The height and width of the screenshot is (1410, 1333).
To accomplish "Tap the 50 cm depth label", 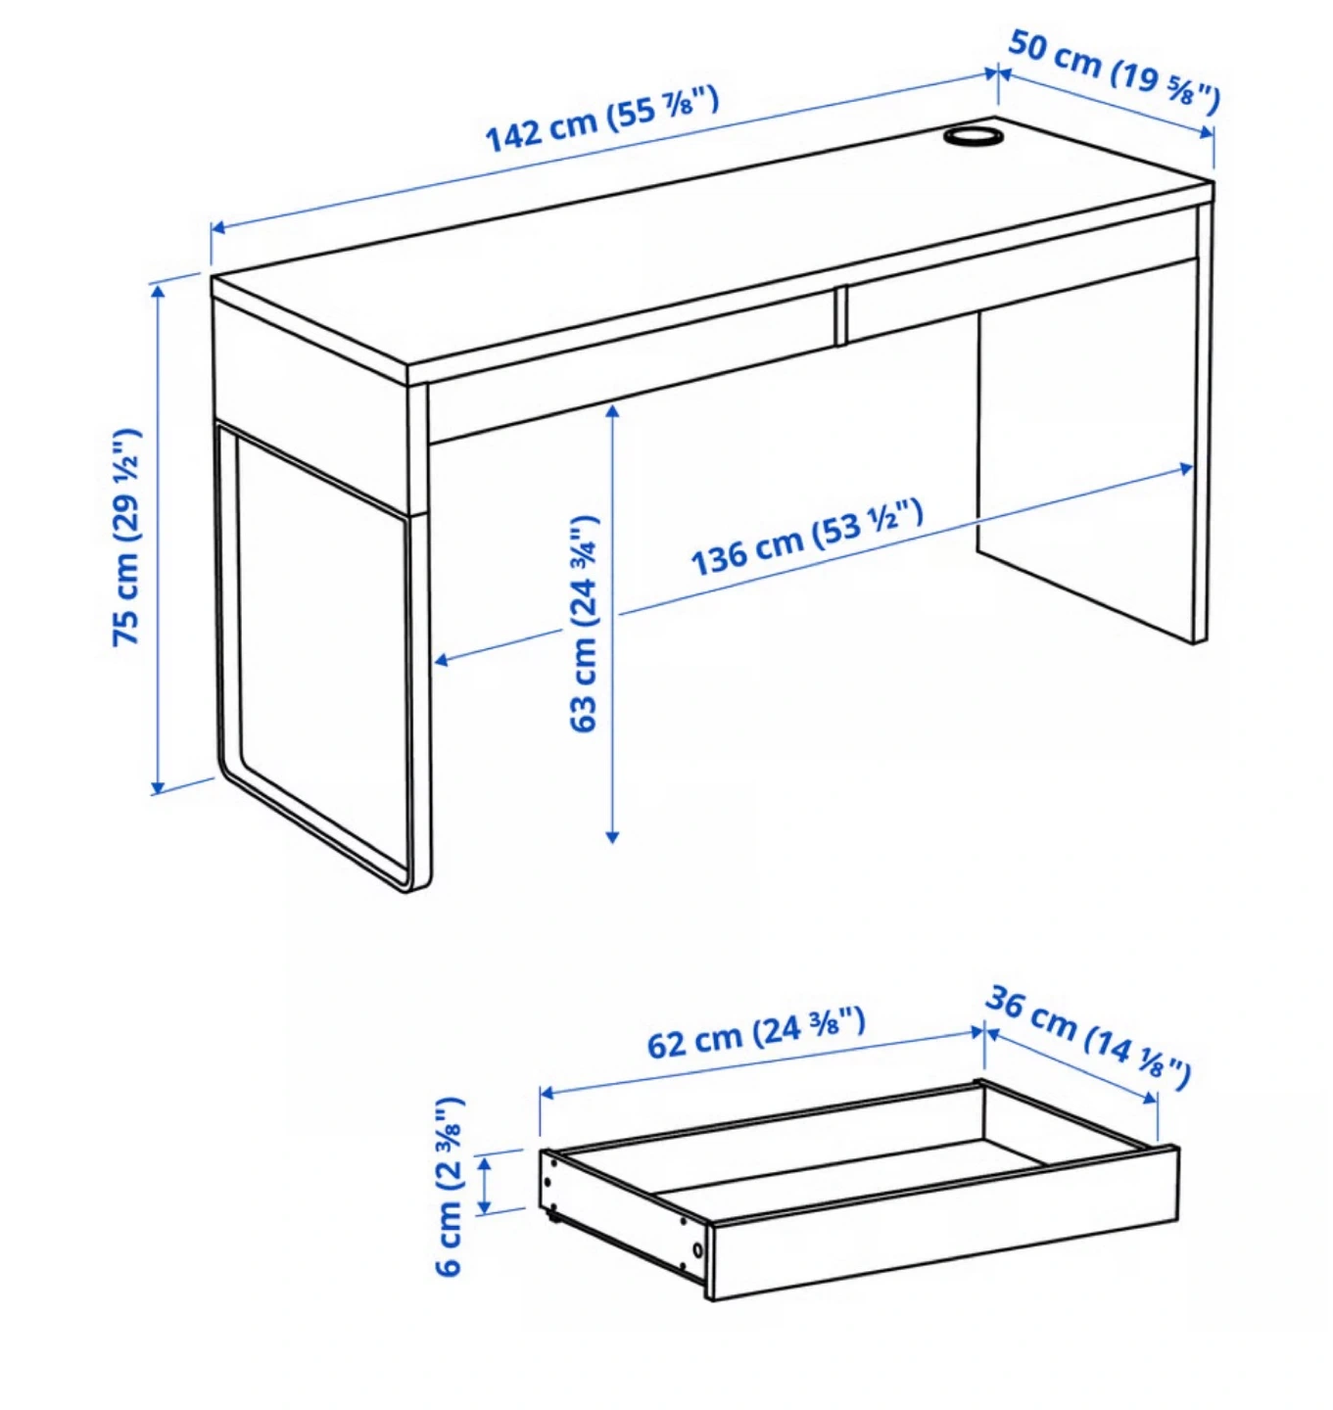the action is tap(1114, 71).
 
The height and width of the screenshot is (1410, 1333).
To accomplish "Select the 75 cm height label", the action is tap(127, 538).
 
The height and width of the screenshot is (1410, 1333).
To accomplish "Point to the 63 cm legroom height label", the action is tap(583, 624).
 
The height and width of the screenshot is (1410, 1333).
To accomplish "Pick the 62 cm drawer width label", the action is tap(756, 1033).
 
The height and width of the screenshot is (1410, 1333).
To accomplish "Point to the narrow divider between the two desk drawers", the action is tap(840, 315).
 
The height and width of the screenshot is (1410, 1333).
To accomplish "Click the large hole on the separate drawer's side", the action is tap(697, 1250).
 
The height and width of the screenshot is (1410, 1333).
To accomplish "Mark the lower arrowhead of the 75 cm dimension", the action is tap(158, 786).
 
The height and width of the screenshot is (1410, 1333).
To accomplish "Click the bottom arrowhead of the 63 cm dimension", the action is tap(612, 836).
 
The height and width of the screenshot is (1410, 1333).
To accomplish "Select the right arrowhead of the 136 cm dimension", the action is tap(1185, 468).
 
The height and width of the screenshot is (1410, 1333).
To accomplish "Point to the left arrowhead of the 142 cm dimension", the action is tap(218, 228).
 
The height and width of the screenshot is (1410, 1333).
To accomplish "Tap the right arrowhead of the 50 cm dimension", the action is tap(1206, 133).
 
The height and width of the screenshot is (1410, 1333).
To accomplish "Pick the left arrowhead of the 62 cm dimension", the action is tap(548, 1093).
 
